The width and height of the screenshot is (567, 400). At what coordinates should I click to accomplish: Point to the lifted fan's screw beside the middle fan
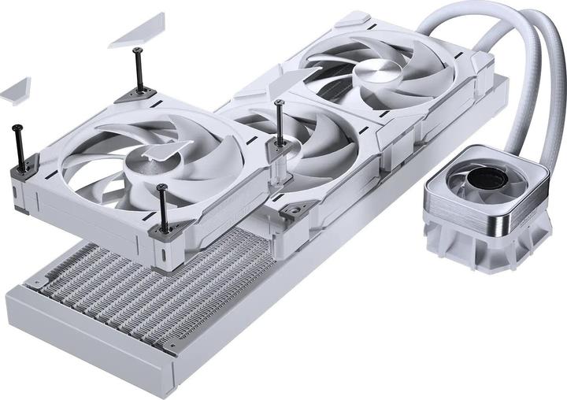point(280,122)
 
